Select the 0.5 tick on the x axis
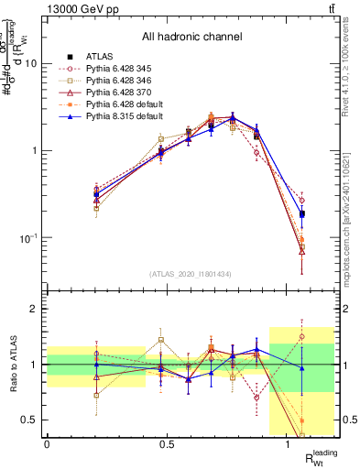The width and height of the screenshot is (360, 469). coord(168,444)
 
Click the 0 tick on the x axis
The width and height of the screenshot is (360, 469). coord(47,444)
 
